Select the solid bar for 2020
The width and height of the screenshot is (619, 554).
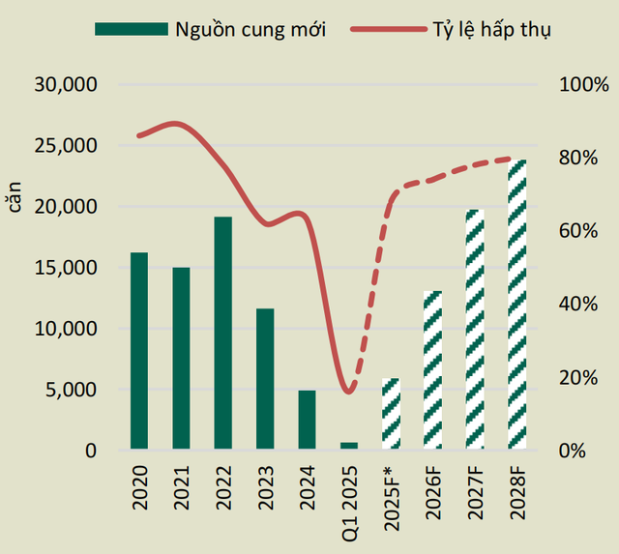pyautogui.click(x=139, y=351)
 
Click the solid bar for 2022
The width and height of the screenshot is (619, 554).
pyautogui.click(x=222, y=333)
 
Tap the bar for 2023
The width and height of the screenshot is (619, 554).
pyautogui.click(x=265, y=379)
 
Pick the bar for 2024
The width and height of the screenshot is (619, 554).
pyautogui.click(x=307, y=420)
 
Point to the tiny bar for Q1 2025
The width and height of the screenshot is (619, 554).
pyautogui.click(x=348, y=446)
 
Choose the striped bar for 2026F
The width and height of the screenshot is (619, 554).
pyautogui.click(x=432, y=369)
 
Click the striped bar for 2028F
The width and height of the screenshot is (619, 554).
pyautogui.click(x=516, y=305)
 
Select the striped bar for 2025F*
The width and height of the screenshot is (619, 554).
pyautogui.click(x=390, y=414)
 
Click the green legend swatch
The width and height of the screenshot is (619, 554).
pyautogui.click(x=130, y=29)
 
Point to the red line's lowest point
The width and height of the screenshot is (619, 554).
pyautogui.click(x=349, y=392)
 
